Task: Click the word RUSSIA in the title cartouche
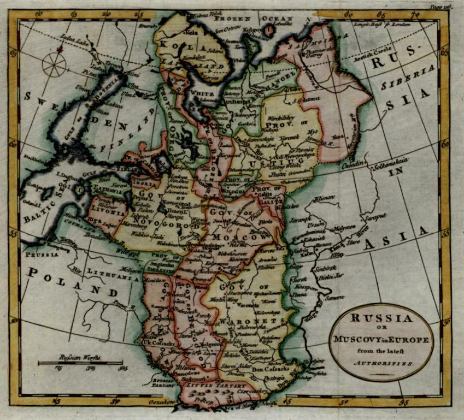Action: point(381,318)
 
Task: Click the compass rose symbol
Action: point(54,64)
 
